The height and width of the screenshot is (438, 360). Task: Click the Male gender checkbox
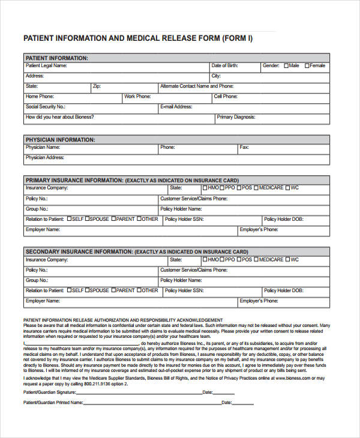click(x=286, y=65)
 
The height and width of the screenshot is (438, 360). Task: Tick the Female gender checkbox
click(x=307, y=65)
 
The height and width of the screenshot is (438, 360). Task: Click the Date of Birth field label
click(x=224, y=65)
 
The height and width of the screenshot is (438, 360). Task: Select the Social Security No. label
click(x=45, y=107)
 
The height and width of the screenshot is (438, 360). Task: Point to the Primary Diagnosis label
click(x=236, y=118)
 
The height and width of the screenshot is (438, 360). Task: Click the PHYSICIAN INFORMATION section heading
click(x=60, y=140)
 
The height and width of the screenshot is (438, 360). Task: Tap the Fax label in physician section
click(x=244, y=147)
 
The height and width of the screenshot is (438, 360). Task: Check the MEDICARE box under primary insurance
click(x=257, y=188)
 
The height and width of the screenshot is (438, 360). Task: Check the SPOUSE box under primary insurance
click(x=88, y=219)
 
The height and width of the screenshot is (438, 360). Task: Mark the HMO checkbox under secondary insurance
click(x=205, y=260)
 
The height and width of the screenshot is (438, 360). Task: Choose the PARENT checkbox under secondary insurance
click(x=114, y=290)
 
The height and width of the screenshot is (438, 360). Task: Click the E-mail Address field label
click(x=176, y=107)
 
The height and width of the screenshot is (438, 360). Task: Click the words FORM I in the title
click(x=237, y=38)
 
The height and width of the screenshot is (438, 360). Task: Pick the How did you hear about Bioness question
click(x=60, y=118)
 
